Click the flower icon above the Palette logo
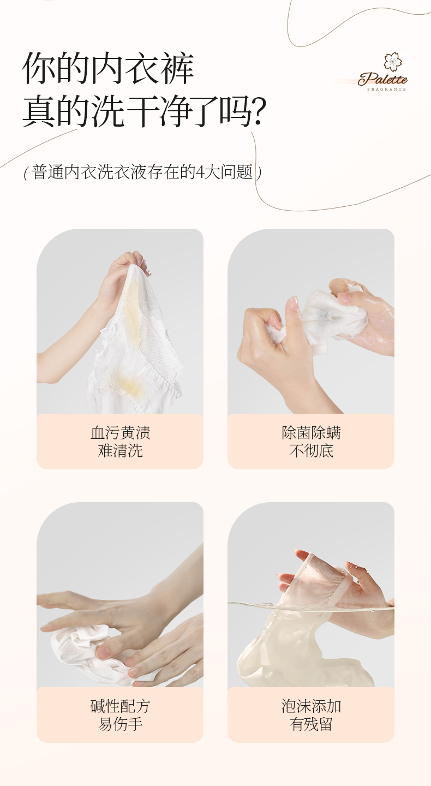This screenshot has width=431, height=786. (x=392, y=61)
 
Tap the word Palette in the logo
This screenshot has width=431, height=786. (x=382, y=79)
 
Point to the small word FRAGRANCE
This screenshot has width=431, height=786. (x=386, y=89)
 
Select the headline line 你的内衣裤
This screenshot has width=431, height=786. (x=108, y=68)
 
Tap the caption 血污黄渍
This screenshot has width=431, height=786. (x=120, y=432)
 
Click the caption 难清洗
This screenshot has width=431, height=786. (x=120, y=450)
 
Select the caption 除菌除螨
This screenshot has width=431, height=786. (x=311, y=432)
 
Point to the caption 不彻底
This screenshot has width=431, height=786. (x=311, y=450)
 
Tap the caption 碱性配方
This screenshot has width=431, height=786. (x=120, y=706)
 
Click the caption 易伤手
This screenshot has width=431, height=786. (x=120, y=724)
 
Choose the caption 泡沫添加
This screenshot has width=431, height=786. (x=311, y=706)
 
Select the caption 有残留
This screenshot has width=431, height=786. (x=311, y=724)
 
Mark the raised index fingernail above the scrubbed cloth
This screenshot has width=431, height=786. (x=293, y=303)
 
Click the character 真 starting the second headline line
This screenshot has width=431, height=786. (x=39, y=111)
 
